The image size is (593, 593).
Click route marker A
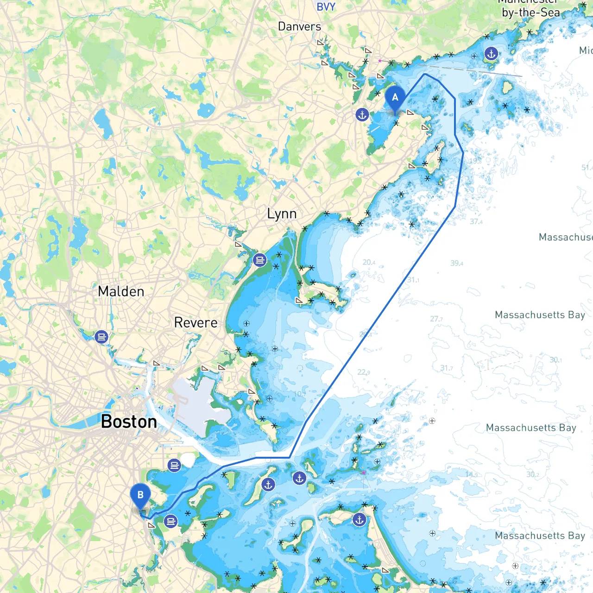point(395,98)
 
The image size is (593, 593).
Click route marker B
point(140,495)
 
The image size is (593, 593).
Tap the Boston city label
point(129,422)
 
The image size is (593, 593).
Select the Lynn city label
point(282,214)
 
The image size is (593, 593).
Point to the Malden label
point(121,291)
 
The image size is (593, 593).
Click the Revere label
point(196,322)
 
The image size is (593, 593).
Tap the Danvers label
point(299,26)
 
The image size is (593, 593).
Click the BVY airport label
point(326,6)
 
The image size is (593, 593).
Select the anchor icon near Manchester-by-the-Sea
point(491,54)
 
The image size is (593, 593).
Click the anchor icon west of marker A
point(362,114)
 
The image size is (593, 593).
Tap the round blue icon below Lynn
point(260,260)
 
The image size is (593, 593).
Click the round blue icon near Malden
point(101,337)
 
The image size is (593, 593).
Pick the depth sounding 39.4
point(457,263)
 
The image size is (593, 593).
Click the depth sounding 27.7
point(436,319)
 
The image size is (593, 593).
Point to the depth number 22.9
point(364,372)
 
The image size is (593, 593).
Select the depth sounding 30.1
point(555,360)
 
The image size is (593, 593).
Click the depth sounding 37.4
point(476,221)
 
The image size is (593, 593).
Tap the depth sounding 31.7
point(447,368)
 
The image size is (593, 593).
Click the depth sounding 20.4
point(369,262)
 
